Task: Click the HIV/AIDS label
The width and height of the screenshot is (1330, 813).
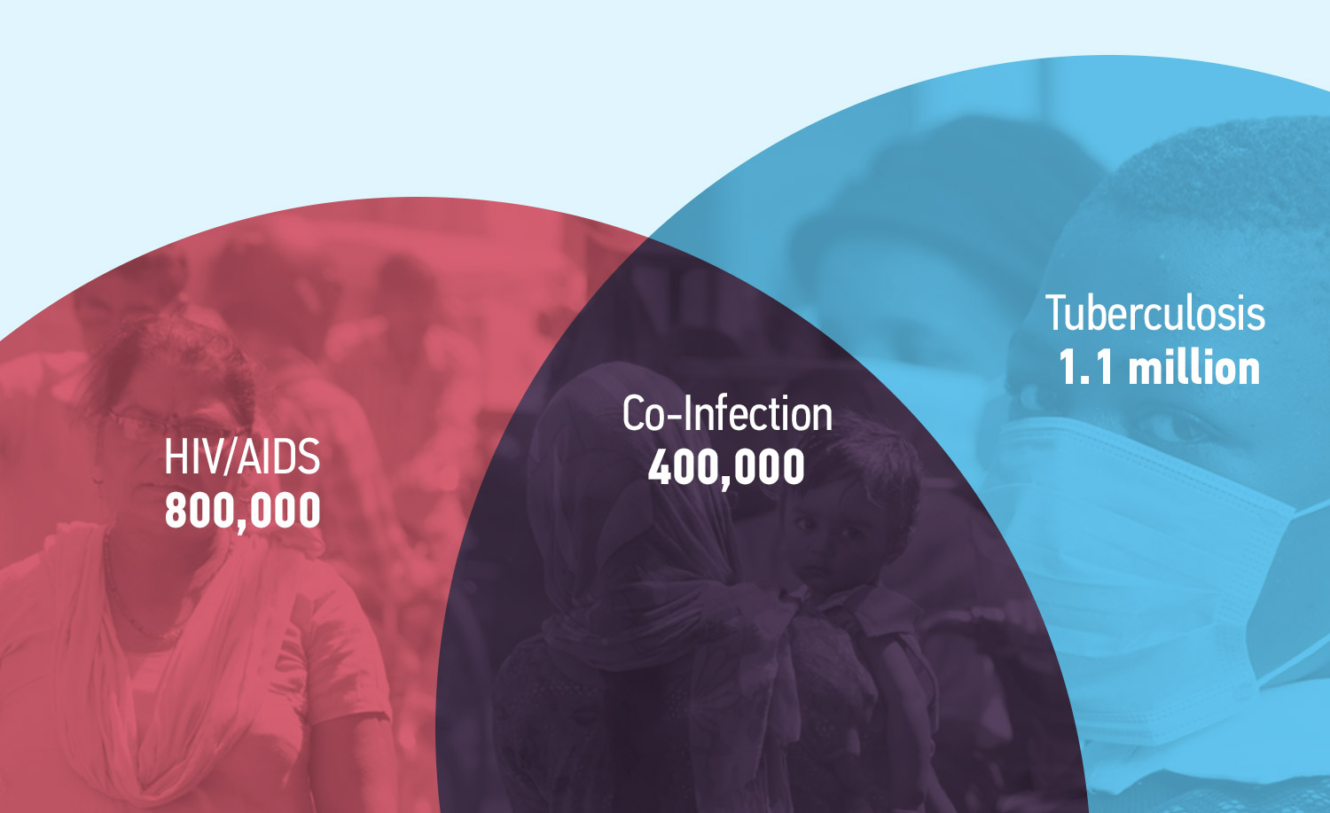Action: (x=242, y=457)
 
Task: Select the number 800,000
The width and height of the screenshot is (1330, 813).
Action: (x=242, y=512)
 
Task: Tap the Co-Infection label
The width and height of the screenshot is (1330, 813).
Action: (x=727, y=413)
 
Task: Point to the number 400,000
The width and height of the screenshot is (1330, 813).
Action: (x=726, y=467)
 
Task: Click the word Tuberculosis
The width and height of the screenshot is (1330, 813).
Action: (x=1154, y=313)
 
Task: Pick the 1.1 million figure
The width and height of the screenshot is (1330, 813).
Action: (x=1159, y=368)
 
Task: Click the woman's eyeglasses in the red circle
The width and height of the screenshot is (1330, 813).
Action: (x=172, y=426)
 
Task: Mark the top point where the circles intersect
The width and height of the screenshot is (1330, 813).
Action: (x=648, y=238)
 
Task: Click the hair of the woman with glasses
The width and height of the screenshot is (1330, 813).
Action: (x=172, y=363)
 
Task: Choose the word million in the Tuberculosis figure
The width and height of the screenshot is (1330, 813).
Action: (x=1193, y=368)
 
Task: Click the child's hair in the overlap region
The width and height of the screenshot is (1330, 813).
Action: (x=867, y=457)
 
